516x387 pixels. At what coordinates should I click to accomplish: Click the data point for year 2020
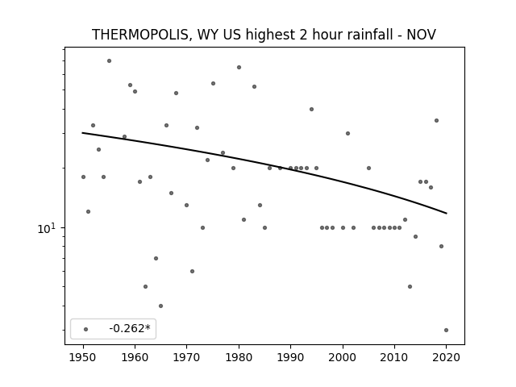coord(446,330)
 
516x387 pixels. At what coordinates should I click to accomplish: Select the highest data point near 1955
coord(110,61)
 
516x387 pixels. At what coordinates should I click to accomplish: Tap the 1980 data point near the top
coord(239,68)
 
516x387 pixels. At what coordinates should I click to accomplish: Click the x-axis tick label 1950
coord(83,357)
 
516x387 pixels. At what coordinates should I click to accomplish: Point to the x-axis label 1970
coord(186,357)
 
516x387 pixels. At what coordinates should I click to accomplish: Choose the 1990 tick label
coord(290,357)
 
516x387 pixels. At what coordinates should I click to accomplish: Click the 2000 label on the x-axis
coord(343,357)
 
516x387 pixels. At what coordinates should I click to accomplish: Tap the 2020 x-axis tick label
coord(446,357)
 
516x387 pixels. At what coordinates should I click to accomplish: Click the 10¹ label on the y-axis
coord(47,228)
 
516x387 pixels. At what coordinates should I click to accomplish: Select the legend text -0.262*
coord(130,328)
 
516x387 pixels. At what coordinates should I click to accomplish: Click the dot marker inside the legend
coord(86,329)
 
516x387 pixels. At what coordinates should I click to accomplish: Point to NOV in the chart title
coord(421,35)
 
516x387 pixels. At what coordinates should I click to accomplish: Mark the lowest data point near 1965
coord(161,306)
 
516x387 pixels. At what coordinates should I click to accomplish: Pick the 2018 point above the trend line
coord(437,121)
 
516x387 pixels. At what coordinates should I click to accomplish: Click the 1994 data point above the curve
coord(312,110)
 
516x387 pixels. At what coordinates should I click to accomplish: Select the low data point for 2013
coord(410,287)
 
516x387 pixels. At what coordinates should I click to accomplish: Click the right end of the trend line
coord(446,213)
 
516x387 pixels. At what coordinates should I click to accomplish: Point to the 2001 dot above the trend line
coord(347,134)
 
